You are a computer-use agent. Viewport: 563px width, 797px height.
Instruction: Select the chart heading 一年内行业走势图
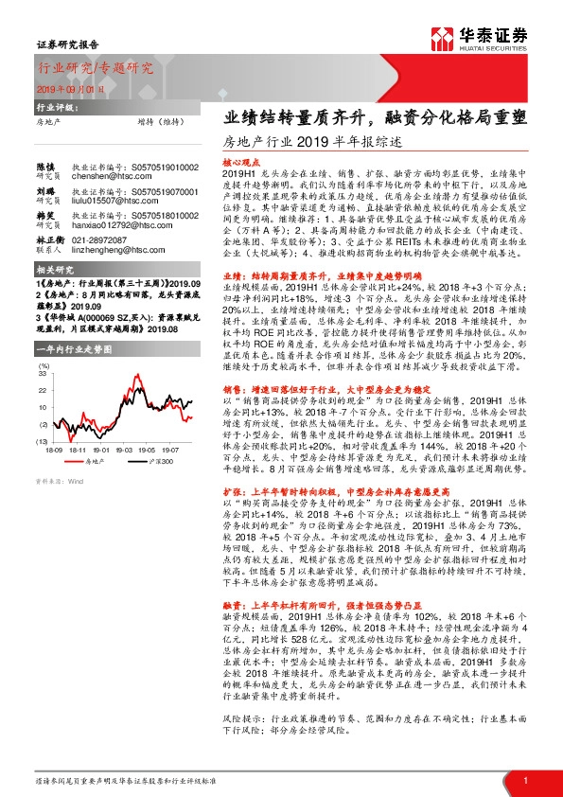point(69,350)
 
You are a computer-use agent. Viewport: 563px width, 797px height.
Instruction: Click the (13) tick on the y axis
point(43,440)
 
